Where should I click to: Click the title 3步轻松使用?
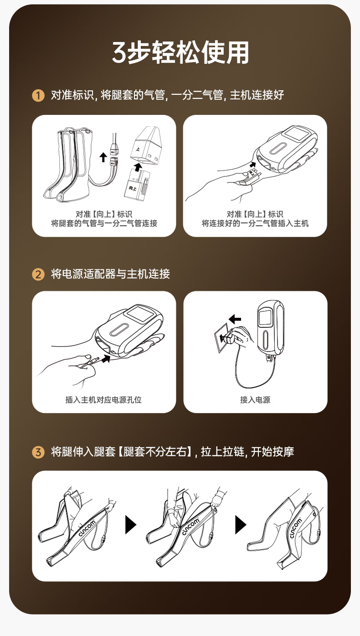(x=180, y=52)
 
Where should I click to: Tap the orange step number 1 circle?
(x=38, y=95)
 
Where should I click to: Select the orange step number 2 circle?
(x=38, y=274)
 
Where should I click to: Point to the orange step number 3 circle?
(x=38, y=452)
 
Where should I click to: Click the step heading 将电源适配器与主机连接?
(x=110, y=274)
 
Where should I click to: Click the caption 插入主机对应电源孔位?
(x=103, y=400)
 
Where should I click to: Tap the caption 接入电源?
(x=255, y=400)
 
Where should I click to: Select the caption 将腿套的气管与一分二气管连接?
(x=104, y=223)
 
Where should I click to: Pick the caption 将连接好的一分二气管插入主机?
(x=255, y=223)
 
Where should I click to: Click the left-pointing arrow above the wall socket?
(x=235, y=319)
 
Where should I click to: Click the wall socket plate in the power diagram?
(x=221, y=338)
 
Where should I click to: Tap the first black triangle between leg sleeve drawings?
(x=131, y=525)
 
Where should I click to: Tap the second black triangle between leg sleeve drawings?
(x=241, y=525)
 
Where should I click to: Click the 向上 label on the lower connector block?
(x=133, y=188)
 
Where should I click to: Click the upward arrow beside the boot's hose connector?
(x=103, y=157)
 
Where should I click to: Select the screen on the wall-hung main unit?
(x=266, y=318)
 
